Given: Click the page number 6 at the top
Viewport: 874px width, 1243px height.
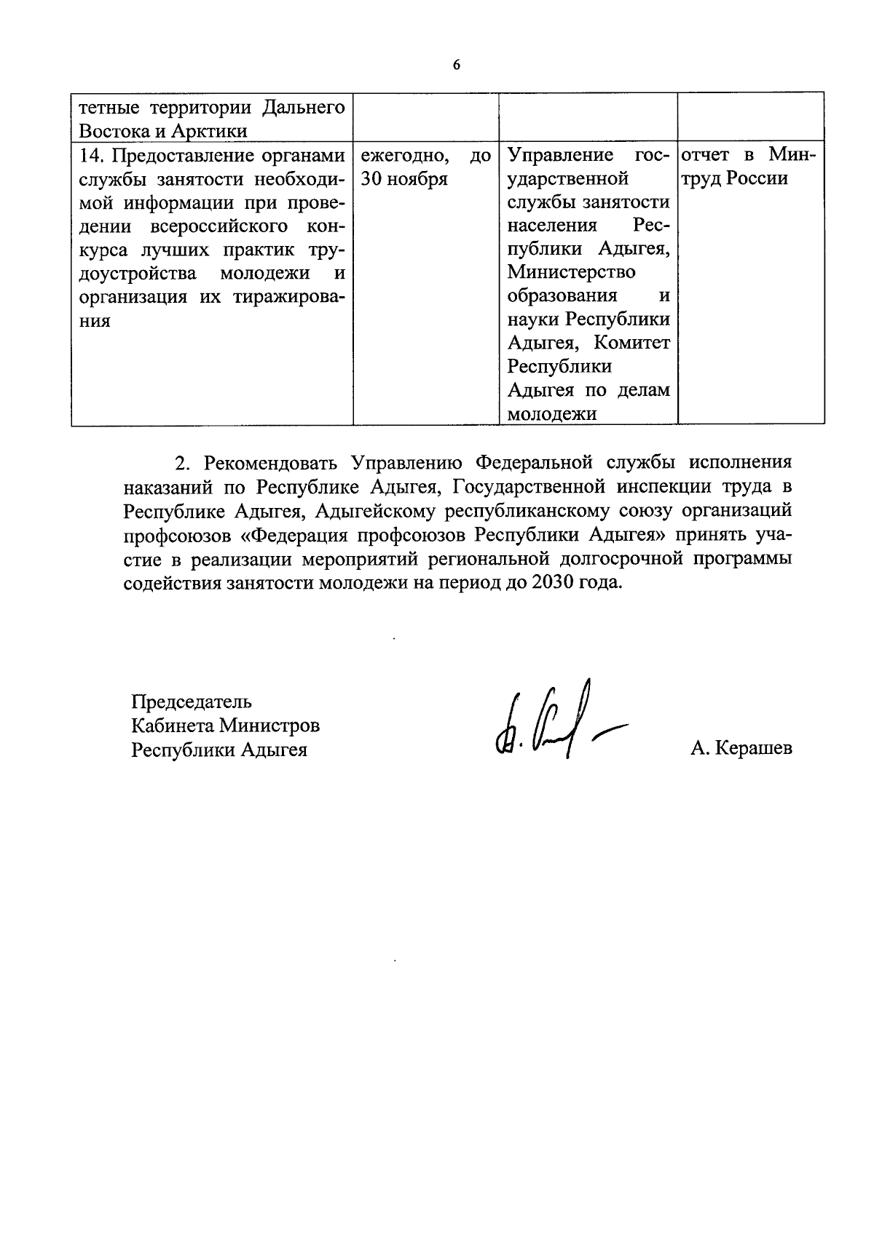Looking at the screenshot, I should point(457,65).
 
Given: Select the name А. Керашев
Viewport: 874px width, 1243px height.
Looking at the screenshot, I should point(741,748).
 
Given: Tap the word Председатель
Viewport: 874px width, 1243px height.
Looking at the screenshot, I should point(192,702).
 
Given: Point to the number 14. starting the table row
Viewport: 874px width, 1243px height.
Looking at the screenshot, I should point(92,156).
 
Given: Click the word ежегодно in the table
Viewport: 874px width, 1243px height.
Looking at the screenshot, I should point(403,156).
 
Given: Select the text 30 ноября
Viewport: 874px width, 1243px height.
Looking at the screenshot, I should point(404,179).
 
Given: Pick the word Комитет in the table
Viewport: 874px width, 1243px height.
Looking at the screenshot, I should point(631,342).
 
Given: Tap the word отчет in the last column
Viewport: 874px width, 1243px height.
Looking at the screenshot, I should point(706,156).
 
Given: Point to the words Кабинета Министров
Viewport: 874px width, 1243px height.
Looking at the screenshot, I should point(225,726).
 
